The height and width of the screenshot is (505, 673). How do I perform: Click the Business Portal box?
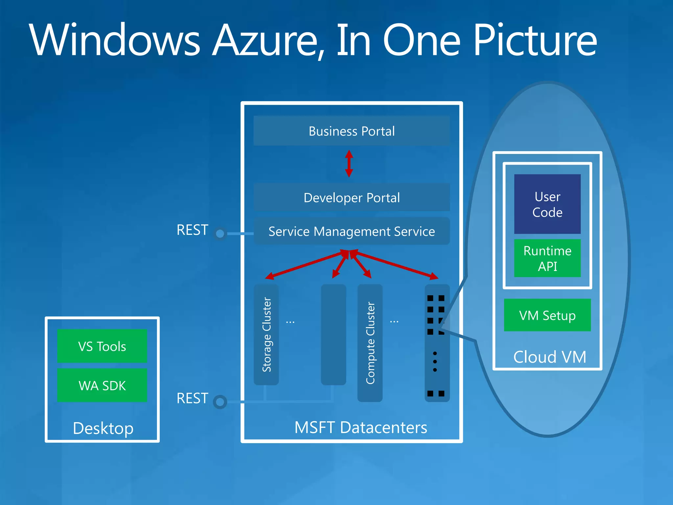pos(351,131)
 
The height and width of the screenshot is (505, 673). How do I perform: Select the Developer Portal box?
pos(351,198)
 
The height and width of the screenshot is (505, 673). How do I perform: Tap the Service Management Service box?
pos(351,231)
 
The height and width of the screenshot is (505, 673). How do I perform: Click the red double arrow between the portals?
pos(349,163)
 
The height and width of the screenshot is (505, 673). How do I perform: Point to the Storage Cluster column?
pos(266,334)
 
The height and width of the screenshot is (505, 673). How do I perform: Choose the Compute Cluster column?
pos(370,343)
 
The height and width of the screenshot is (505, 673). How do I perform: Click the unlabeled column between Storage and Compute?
pos(333,334)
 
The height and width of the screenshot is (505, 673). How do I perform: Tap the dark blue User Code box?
pos(547,204)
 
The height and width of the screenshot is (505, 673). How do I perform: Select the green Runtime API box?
pos(547,258)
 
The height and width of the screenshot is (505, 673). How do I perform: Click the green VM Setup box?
pos(547,315)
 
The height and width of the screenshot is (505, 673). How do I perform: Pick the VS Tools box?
pos(102,346)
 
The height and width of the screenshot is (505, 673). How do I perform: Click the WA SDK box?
pos(102,385)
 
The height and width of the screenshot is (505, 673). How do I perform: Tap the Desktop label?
pos(103,428)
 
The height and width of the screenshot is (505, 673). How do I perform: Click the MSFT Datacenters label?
pos(360,427)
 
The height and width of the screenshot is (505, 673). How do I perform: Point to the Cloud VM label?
pos(549,357)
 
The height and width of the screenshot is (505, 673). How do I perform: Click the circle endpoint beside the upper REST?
pos(220,234)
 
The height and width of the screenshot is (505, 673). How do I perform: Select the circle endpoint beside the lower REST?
pos(220,402)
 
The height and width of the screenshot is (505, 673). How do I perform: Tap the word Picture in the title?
pos(535,40)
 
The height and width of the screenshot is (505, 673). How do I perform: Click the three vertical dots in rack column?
pos(435,361)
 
